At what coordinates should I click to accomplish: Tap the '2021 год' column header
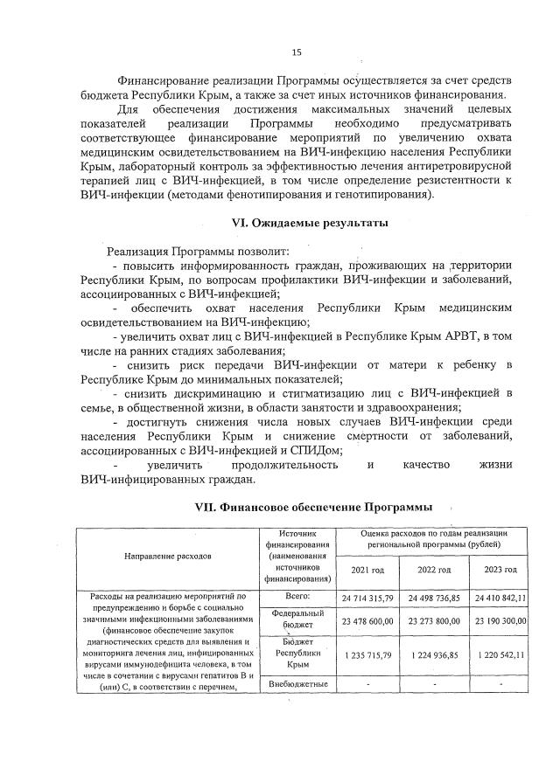point(367,570)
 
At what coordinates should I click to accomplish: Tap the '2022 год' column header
point(434,570)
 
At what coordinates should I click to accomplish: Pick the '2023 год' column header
point(498,570)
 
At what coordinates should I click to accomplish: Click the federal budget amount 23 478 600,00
point(367,620)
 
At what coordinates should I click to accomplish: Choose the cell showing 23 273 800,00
point(434,620)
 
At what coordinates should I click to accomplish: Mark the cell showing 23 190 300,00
point(499,620)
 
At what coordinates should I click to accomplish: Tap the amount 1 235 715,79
point(367,654)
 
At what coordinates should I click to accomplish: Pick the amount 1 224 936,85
point(434,654)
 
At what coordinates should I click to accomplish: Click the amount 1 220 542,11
point(499,654)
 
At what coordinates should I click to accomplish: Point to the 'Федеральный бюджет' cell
point(299,619)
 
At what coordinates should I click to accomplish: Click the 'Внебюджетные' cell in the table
point(299,682)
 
